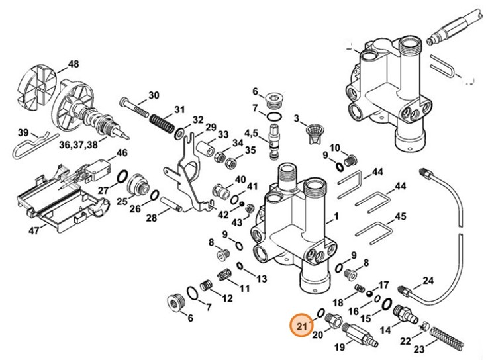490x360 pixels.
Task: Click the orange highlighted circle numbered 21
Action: tap(302, 326)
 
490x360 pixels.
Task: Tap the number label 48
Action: tap(73, 64)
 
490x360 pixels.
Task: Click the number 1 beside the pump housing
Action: tap(336, 216)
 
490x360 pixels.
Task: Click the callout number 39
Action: tap(23, 132)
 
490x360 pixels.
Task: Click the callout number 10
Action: tap(334, 147)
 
